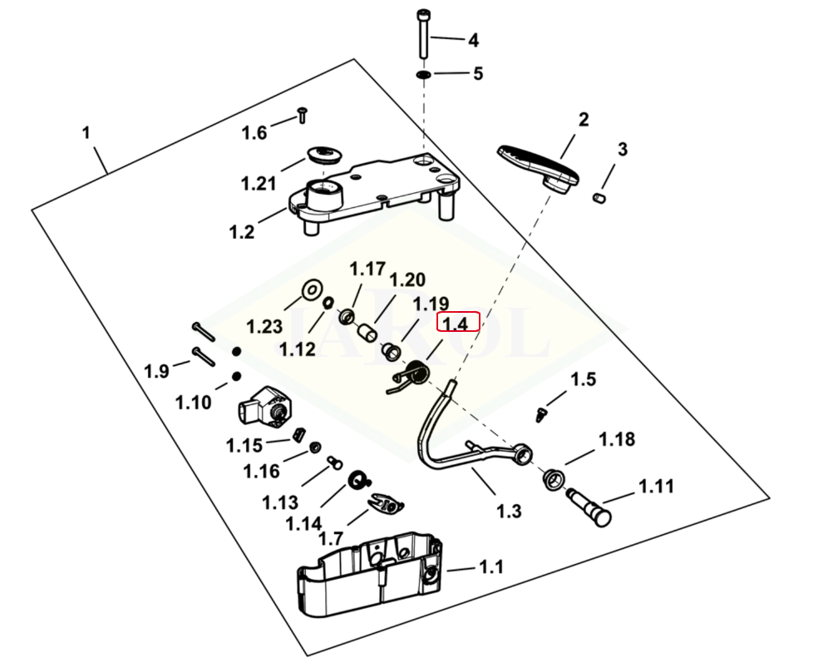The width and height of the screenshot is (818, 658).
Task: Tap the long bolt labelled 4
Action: pyautogui.click(x=421, y=34)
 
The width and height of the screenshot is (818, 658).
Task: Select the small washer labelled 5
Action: pyautogui.click(x=423, y=75)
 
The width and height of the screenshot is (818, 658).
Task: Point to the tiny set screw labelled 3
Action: pyautogui.click(x=600, y=198)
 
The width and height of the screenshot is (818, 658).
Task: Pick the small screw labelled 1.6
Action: pyautogui.click(x=302, y=115)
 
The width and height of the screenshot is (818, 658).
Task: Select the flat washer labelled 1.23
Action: pyautogui.click(x=313, y=289)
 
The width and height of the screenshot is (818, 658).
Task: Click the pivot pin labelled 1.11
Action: pyautogui.click(x=589, y=507)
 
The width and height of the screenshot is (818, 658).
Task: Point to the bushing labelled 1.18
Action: pyautogui.click(x=554, y=479)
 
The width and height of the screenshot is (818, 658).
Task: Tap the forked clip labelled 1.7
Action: pyautogui.click(x=387, y=503)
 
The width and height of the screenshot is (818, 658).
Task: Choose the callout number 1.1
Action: pyautogui.click(x=491, y=566)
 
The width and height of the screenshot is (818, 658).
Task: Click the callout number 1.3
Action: pyautogui.click(x=509, y=512)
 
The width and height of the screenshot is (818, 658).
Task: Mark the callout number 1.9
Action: pyautogui.click(x=156, y=371)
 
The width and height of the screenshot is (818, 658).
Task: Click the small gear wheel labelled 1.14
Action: pyautogui.click(x=357, y=480)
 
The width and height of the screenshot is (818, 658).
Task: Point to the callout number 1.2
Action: pyautogui.click(x=242, y=232)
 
